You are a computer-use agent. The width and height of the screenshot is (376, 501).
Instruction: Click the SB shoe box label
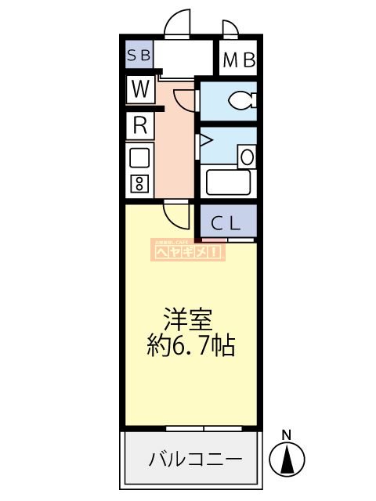pyautogui.click(x=140, y=56)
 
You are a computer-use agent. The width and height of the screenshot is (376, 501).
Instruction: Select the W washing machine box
pyautogui.click(x=140, y=89)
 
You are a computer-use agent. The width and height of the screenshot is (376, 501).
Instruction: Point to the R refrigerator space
pyautogui.click(x=140, y=124)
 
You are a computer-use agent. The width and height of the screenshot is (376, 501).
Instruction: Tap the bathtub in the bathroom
pyautogui.click(x=227, y=182)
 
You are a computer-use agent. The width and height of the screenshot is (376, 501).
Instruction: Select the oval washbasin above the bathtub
pyautogui.click(x=247, y=156)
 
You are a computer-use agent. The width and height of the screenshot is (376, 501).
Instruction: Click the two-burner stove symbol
pyautogui.click(x=139, y=185)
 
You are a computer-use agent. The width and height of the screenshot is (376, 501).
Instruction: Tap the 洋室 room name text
pyautogui.click(x=188, y=319)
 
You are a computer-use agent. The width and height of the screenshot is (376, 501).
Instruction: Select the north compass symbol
pyautogui.click(x=287, y=457)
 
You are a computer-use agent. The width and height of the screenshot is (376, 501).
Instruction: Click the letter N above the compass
pyautogui.click(x=287, y=435)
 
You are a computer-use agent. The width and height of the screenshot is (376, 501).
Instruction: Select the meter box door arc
pyautogui.click(x=230, y=29)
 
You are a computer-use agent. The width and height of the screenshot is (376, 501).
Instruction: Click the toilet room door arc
pyautogui.click(x=185, y=100)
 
